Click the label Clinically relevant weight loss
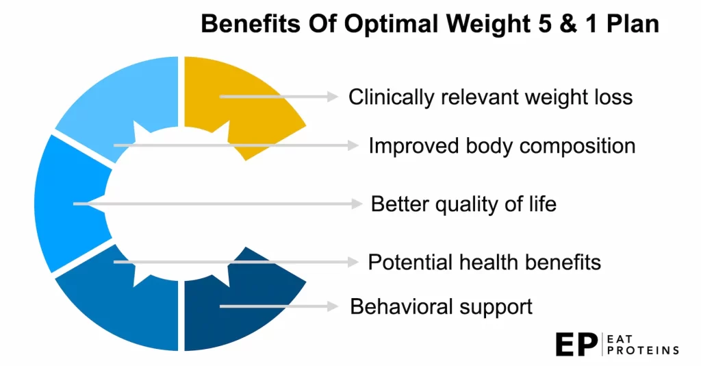(490, 97)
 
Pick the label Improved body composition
(502, 146)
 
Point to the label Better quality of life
(463, 204)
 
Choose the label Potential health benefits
(484, 263)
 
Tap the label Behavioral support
(442, 307)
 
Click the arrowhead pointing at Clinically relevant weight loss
(333, 96)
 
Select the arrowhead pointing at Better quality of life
(356, 204)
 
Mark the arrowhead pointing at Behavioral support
(333, 306)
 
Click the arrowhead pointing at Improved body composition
(353, 145)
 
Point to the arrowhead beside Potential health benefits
(353, 263)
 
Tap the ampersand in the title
(568, 24)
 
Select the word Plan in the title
(633, 24)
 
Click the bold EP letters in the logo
(576, 345)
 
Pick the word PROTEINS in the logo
(643, 350)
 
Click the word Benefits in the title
(251, 24)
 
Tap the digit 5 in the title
(545, 24)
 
